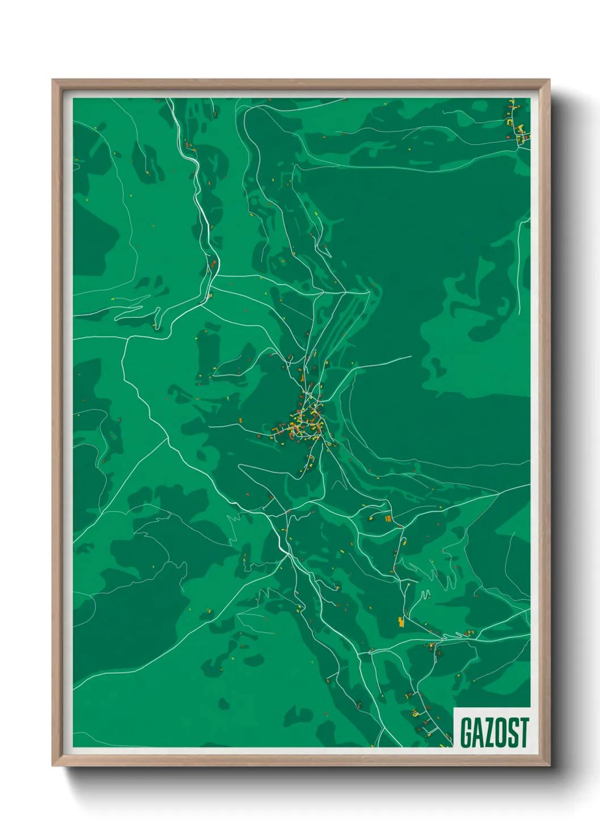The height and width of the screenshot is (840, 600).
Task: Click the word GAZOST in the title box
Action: point(494,733)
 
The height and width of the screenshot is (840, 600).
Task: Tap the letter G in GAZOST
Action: point(466,733)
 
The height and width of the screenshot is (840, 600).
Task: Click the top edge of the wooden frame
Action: point(301,83)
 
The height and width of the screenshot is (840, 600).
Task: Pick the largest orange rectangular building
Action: point(388,518)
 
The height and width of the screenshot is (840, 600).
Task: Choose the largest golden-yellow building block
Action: point(402,622)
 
